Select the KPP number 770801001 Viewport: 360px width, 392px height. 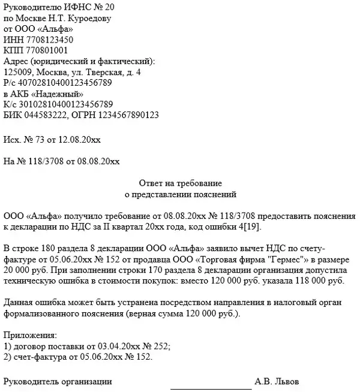(44, 50)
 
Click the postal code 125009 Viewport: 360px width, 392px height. (18, 72)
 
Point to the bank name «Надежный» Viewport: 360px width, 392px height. (59, 94)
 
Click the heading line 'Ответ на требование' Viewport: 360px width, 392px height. (180, 183)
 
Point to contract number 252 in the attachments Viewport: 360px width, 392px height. (163, 345)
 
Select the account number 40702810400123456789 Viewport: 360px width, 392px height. (65, 83)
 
